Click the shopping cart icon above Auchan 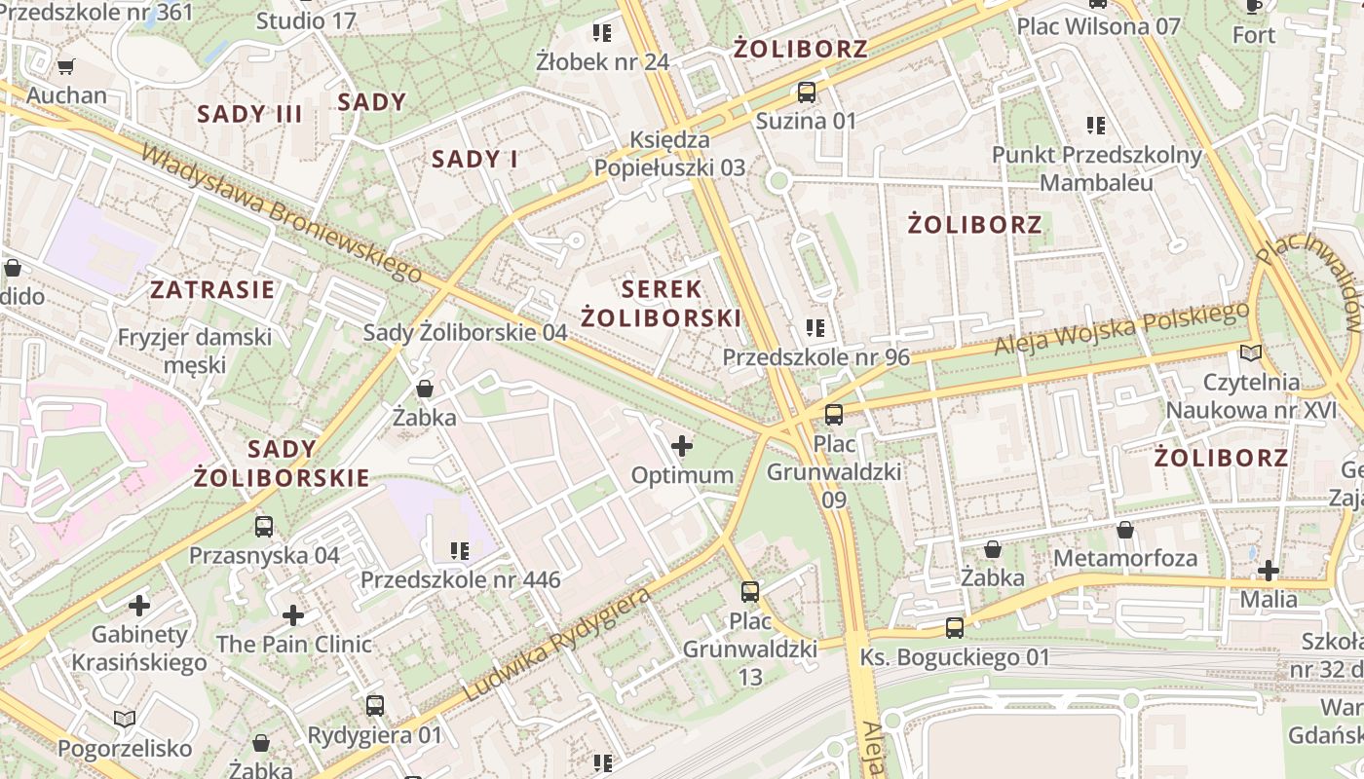coord(65,67)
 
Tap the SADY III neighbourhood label coord(250,114)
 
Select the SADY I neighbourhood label coord(474,159)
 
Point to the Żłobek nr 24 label coord(603,61)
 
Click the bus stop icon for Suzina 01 coord(807,93)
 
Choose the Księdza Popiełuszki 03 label coord(670,154)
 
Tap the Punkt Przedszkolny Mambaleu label coord(1097,168)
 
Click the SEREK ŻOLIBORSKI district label coord(662,303)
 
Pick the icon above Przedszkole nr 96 coord(815,328)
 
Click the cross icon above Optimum coord(682,447)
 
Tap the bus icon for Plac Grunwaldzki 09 coord(834,415)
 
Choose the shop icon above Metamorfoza coord(1125,531)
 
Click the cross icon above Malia coord(1268,571)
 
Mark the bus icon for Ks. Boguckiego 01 coord(955,628)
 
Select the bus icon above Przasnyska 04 coord(264,527)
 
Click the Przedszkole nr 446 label coord(461,580)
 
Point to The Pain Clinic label coord(294,644)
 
